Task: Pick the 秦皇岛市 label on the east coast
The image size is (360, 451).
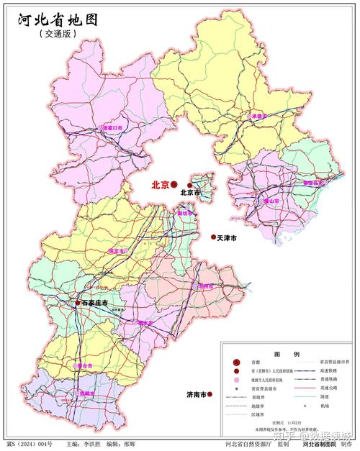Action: [x=313, y=183]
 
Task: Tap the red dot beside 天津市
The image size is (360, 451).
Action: [x=213, y=237]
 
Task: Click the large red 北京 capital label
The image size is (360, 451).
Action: [x=160, y=185]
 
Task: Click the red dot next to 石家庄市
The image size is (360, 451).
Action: [x=78, y=304]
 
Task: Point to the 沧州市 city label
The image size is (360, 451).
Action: [x=204, y=286]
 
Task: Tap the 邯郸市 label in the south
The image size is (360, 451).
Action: [x=87, y=394]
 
